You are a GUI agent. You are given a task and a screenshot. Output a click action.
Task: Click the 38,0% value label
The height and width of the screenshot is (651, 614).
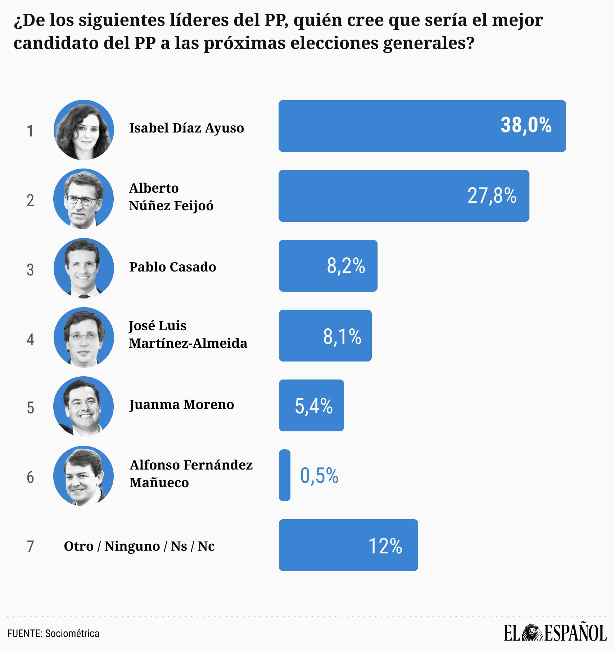point(526,126)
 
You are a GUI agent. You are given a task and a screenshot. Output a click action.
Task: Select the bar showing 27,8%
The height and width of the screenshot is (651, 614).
point(403,196)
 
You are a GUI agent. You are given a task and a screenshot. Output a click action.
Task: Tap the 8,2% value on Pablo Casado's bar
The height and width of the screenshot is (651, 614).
point(346,266)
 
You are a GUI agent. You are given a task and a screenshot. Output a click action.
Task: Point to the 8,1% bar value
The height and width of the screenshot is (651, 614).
point(342,336)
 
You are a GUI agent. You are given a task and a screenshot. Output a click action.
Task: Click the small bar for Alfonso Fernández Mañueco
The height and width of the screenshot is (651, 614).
point(284,475)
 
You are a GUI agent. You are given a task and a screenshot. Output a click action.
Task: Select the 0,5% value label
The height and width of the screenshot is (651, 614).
point(319,476)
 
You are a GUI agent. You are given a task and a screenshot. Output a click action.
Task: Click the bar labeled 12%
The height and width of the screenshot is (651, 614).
point(348,545)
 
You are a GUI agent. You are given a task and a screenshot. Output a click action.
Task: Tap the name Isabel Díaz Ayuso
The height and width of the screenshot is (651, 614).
point(186,128)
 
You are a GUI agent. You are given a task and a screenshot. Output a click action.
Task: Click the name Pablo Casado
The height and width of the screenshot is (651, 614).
point(172,267)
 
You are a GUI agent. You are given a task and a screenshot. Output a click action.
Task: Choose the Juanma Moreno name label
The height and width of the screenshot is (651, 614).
point(181,405)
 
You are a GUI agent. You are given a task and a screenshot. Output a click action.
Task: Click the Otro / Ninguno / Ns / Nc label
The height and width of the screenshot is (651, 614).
point(139,546)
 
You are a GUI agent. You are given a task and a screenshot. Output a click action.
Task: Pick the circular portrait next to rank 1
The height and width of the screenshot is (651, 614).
point(84,130)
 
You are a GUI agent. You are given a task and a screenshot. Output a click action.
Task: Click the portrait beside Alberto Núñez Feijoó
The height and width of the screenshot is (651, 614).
point(83,199)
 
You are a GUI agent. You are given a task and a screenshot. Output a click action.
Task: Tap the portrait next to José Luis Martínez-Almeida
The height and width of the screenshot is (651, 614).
point(83,338)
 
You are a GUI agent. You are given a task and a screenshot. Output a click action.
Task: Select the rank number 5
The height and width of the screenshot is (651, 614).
point(31,408)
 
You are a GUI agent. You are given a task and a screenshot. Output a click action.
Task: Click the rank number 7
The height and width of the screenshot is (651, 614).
point(30,547)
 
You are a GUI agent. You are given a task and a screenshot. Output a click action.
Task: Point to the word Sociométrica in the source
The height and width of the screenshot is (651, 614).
point(72,633)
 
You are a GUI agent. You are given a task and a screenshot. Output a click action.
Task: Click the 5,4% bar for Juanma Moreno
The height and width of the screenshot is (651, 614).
point(311,405)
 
